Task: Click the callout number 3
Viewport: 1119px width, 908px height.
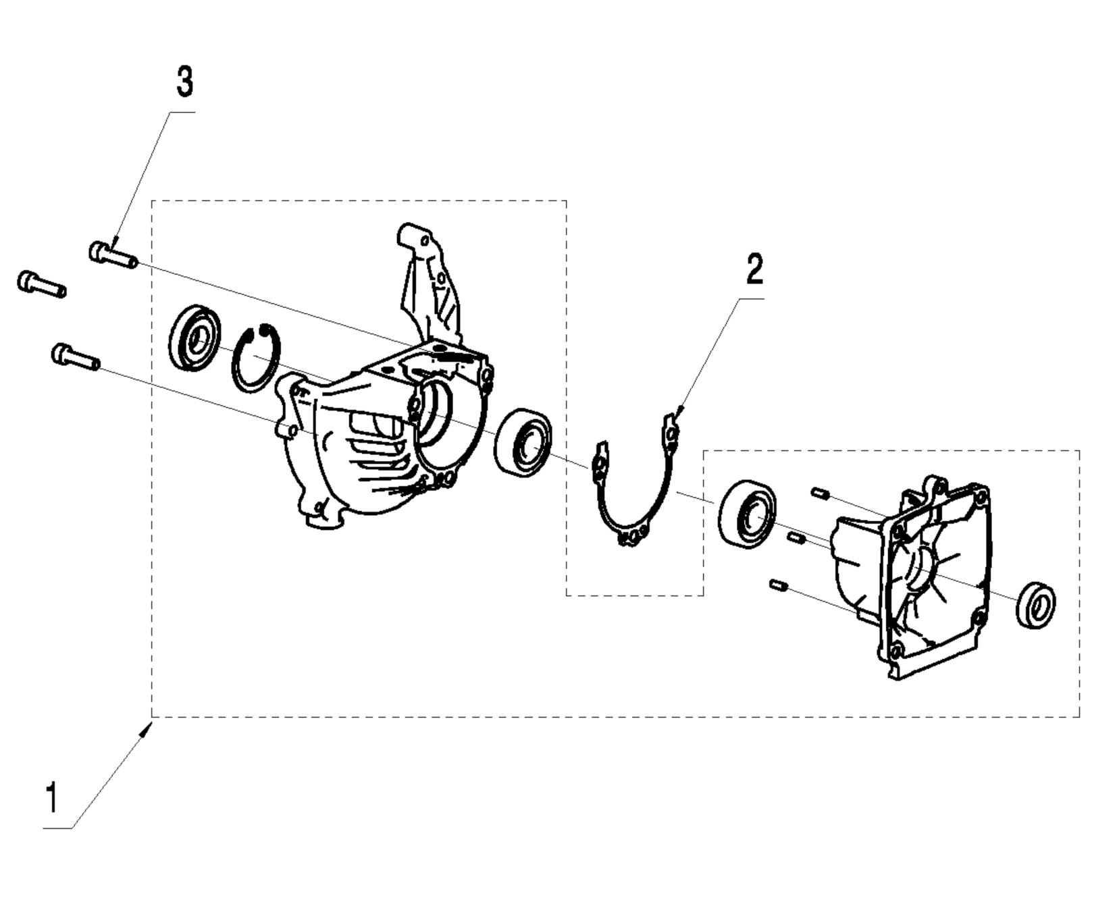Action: tap(184, 82)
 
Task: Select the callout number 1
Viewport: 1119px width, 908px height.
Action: tap(51, 797)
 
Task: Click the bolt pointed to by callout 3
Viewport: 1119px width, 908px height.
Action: tap(113, 255)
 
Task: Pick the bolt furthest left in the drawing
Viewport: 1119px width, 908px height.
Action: tap(41, 284)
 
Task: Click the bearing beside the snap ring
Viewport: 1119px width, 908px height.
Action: tap(194, 338)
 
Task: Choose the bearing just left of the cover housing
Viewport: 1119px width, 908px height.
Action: tap(747, 512)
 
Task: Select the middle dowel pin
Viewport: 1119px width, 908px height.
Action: tap(796, 537)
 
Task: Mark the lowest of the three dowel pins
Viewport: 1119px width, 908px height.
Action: tap(779, 585)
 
